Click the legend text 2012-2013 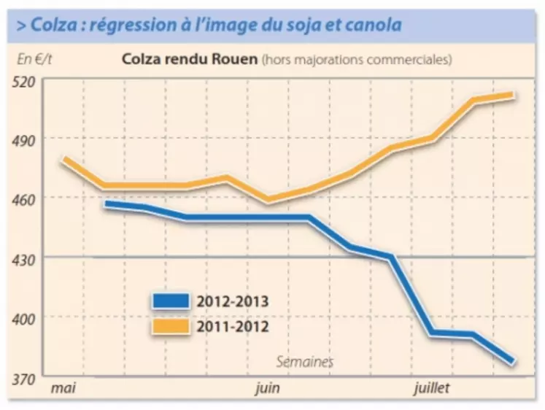(x=232, y=300)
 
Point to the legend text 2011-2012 (x=232, y=325)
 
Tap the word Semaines (x=305, y=361)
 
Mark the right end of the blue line (x=513, y=360)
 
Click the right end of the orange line (x=515, y=95)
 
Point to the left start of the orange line (x=64, y=159)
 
